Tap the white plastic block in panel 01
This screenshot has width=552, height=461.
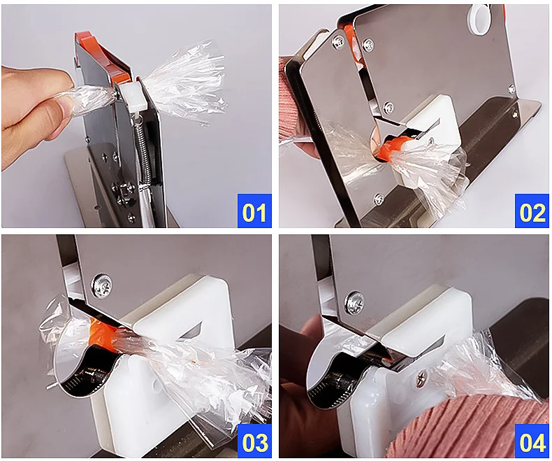(131, 97)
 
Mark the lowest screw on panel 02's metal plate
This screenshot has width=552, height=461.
(379, 199)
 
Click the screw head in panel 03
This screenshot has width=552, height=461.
(103, 284)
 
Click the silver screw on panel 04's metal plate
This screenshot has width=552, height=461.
(354, 303)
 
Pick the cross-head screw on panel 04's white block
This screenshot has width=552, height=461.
(421, 380)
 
